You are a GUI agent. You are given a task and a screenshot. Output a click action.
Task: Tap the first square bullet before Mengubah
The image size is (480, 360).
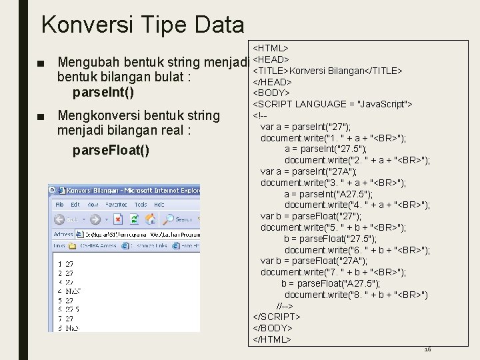coord(42,63)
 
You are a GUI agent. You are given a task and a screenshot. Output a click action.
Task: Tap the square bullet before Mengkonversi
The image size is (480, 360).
coord(42,115)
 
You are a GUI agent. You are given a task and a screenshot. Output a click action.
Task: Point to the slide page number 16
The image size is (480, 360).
coord(428,349)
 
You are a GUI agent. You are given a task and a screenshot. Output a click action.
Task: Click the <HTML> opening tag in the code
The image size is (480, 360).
coord(271,49)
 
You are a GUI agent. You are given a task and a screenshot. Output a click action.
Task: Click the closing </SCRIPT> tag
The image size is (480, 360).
coord(277,317)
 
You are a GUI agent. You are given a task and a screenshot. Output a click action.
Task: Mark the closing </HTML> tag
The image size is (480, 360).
coord(272,339)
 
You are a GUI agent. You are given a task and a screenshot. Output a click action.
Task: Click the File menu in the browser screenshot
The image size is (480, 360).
coord(60,205)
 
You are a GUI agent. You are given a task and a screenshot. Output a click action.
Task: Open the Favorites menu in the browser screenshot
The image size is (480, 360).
coord(116,205)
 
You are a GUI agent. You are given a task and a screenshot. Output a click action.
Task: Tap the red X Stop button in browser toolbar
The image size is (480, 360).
coord(117,219)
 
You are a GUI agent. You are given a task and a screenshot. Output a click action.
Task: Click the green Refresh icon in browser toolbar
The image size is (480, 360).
coord(135,219)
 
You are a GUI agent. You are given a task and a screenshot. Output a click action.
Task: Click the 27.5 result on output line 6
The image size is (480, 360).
coord(72,310)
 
